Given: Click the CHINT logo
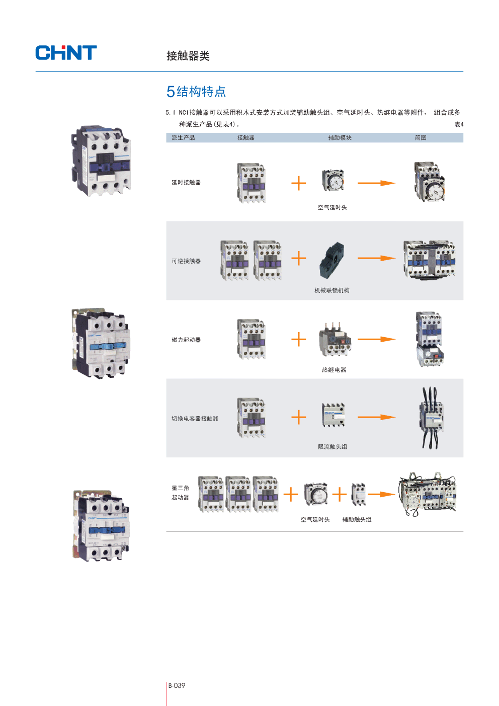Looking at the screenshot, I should tap(66, 53).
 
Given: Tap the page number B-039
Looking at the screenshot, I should tap(177, 685).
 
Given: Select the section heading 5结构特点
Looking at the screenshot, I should tap(196, 92).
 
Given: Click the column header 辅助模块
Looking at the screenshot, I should tap(340, 138).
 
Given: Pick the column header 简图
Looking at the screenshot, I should tap(420, 138).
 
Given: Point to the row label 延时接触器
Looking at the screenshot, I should tap(186, 183).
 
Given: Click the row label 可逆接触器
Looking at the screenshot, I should tap(186, 261).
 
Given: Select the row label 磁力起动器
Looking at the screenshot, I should tap(186, 340).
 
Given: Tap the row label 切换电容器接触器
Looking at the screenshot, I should tap(195, 419).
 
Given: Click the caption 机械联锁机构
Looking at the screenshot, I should tap(331, 290).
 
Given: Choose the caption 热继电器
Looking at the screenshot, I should tap(334, 370).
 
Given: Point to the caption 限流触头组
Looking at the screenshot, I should tap(332, 447).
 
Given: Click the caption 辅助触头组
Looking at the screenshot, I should tap(357, 520).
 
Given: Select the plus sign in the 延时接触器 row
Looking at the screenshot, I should tap(298, 183).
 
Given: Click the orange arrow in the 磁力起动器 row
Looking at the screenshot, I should tap(376, 339).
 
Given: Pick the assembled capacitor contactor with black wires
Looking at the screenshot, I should tap(432, 418).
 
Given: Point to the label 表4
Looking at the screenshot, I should tap(459, 124).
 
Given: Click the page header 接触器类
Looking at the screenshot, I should tap(188, 56).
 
